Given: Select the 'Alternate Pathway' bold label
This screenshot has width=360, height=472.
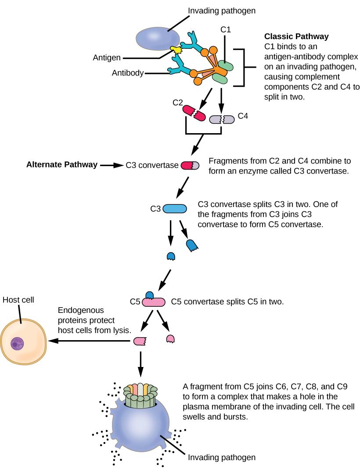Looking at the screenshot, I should tap(61, 165).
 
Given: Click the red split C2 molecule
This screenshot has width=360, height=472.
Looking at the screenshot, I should tap(194, 113).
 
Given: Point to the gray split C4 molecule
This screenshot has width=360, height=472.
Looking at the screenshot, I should tap(223, 119).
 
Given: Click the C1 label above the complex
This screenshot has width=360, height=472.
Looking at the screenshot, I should tap(225, 30).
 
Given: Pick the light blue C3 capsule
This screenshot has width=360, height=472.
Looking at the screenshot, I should tap(175, 209).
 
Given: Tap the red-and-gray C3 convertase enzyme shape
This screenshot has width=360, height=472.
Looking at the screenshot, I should tap(190, 166).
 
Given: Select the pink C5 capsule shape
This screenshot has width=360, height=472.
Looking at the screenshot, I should tap(153, 302).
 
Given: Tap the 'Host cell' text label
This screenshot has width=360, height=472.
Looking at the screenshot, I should tap(18, 300).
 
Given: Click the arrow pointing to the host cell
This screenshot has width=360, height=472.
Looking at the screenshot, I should tap(88, 341).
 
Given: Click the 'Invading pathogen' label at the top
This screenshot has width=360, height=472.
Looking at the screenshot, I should tap(216, 10).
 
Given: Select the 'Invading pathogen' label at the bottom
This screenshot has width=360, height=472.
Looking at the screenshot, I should tap(222, 457).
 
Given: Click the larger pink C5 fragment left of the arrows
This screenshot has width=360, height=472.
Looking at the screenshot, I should tap(140, 341).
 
